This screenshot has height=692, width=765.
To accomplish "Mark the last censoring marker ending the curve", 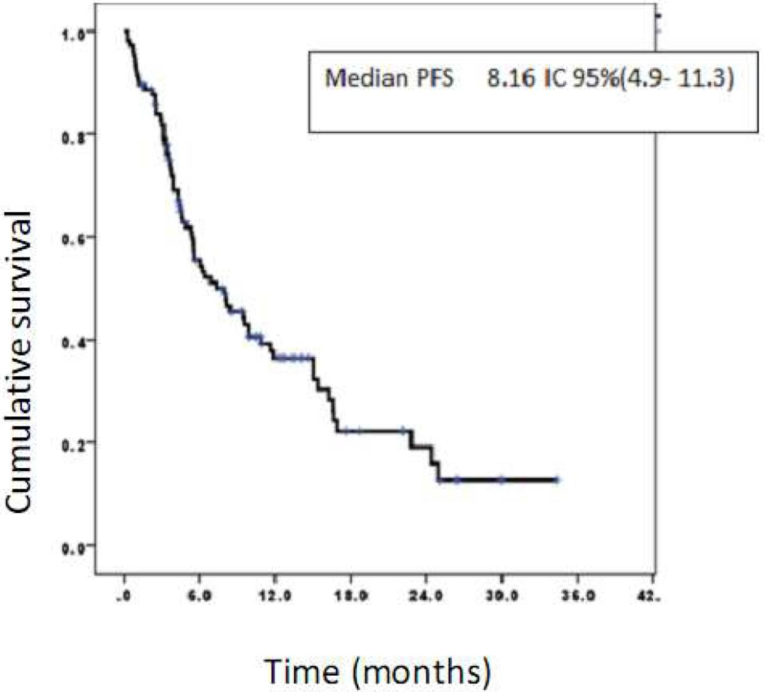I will point(557,480).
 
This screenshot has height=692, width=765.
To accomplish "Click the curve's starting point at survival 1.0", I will point(125,31).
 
